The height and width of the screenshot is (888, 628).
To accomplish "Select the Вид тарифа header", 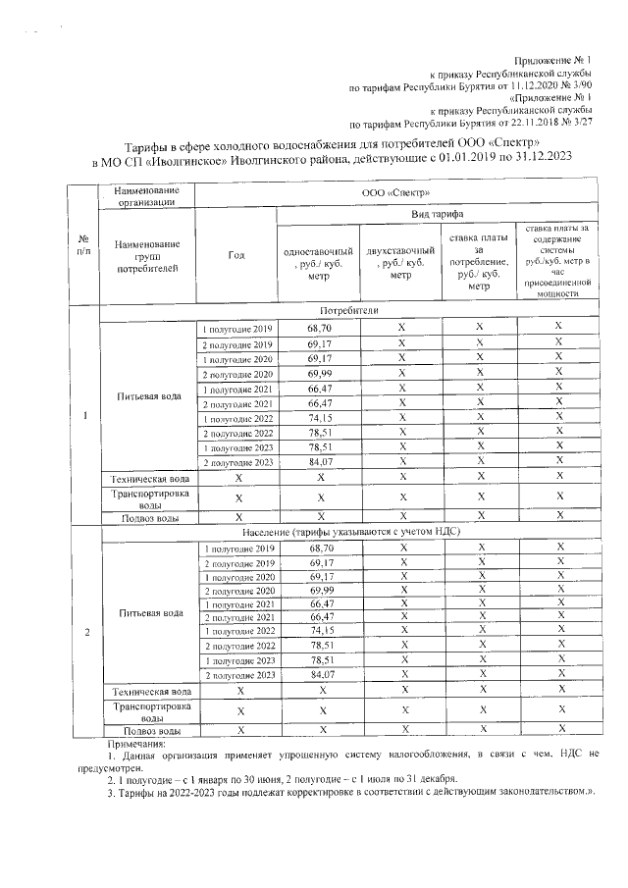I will coord(443,214).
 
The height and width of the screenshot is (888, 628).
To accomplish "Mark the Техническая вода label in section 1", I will coord(147,477).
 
